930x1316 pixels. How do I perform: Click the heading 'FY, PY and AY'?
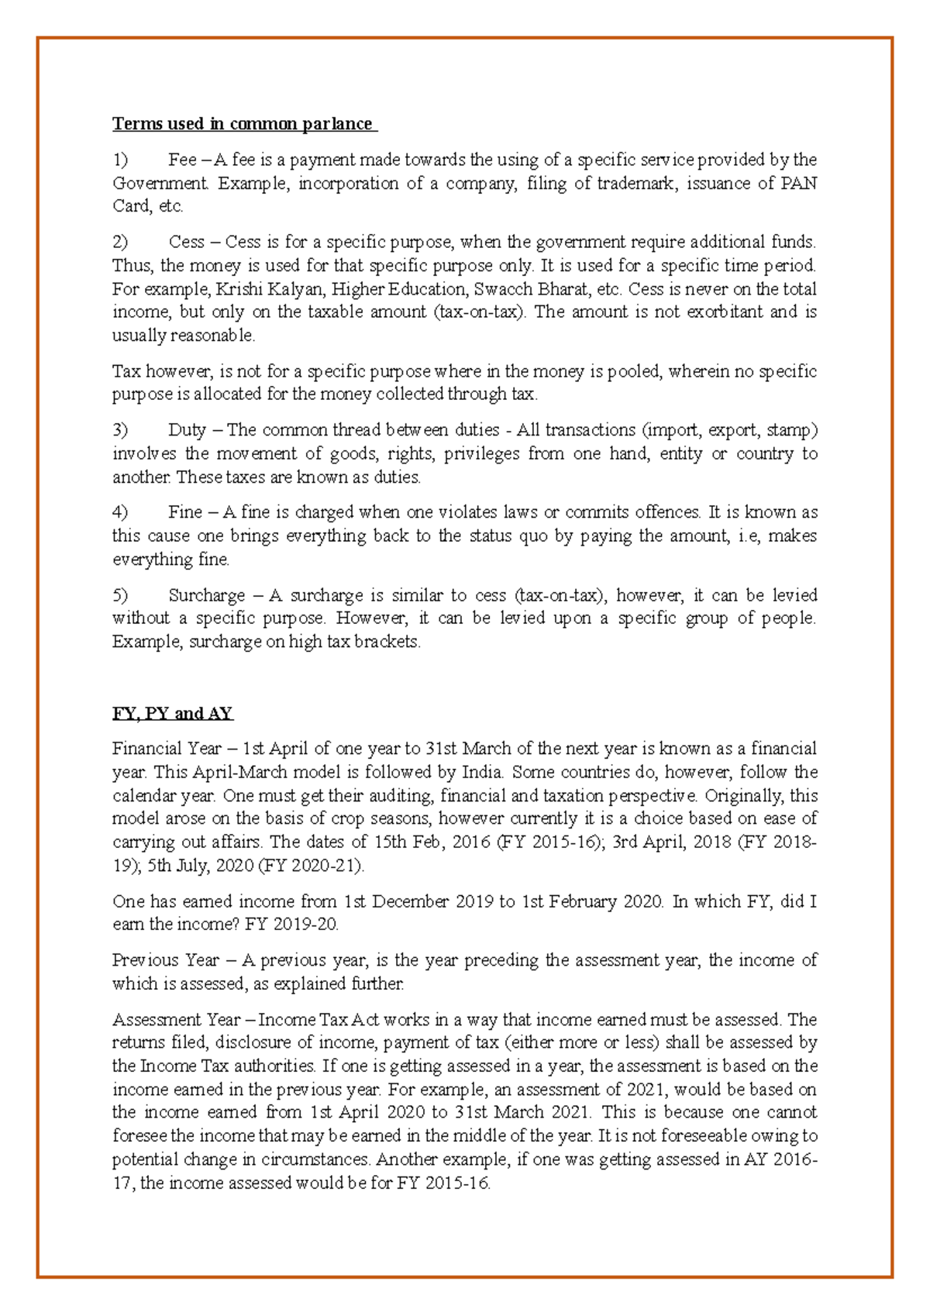[172, 714]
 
